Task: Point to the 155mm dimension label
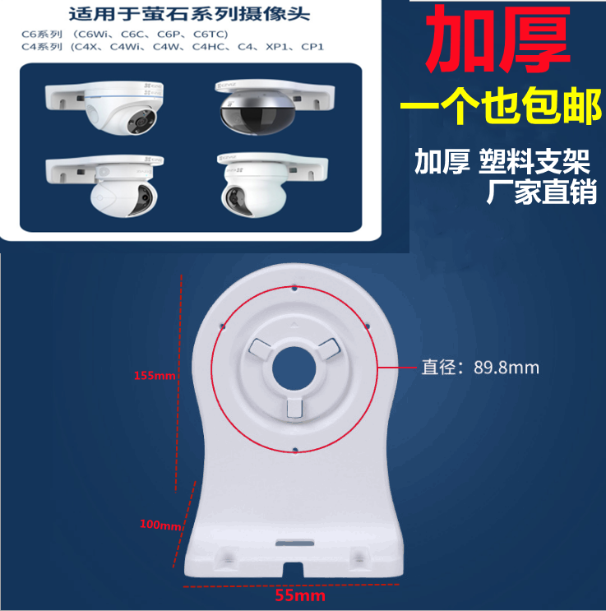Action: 155,376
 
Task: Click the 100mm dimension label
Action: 159,524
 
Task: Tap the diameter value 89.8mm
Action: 506,368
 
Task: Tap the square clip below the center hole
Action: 294,408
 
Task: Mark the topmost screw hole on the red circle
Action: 294,287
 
